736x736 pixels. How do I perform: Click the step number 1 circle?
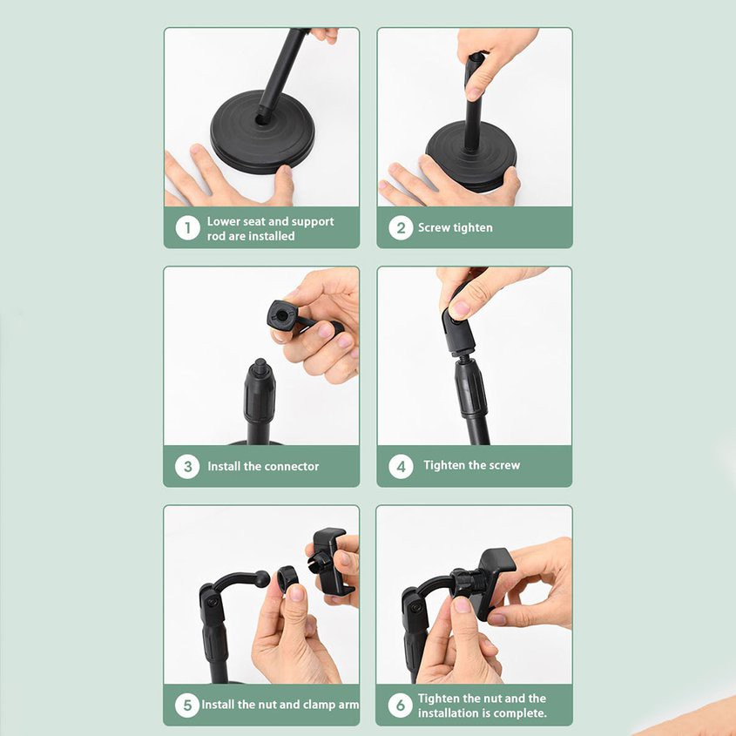[187, 228]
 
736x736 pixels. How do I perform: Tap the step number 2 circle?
[400, 228]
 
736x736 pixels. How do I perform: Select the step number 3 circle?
[187, 466]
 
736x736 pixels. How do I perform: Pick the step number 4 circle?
[400, 466]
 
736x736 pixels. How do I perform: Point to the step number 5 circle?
[187, 704]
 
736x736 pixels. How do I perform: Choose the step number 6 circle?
[400, 705]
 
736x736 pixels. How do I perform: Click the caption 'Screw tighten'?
[455, 228]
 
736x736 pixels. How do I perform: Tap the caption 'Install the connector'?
[263, 466]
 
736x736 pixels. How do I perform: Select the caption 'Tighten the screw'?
[471, 465]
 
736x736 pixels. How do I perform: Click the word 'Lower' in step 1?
[224, 221]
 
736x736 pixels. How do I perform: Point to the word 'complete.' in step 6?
[520, 712]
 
